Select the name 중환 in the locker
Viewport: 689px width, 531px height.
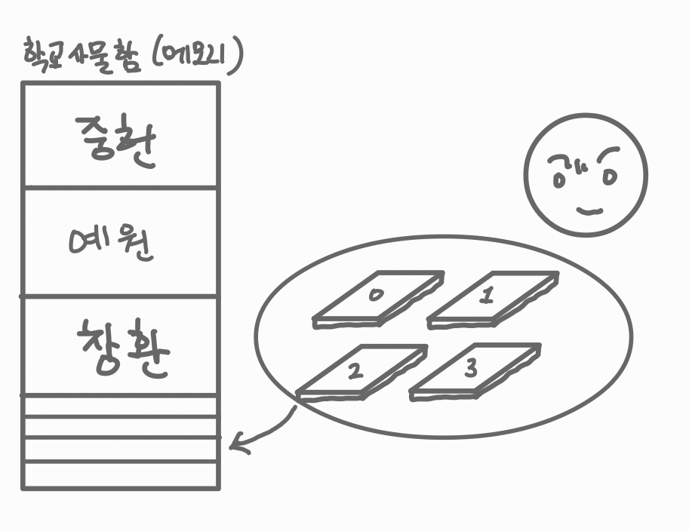(x=118, y=141)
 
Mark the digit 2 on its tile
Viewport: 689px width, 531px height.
(x=355, y=370)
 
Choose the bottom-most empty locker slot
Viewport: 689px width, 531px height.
(x=121, y=475)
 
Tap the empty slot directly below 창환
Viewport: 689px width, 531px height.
(x=121, y=406)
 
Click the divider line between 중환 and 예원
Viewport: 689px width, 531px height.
(x=121, y=186)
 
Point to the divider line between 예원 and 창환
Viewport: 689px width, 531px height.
(x=121, y=296)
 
